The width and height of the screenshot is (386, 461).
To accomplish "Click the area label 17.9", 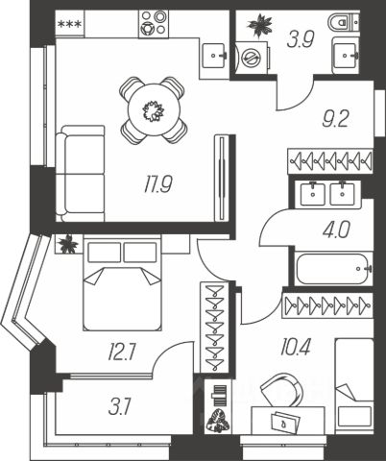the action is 158,184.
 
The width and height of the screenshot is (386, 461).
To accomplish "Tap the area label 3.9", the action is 301,39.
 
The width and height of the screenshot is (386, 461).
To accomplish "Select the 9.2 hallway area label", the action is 335,119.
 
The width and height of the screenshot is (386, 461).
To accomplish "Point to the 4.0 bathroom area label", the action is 336,230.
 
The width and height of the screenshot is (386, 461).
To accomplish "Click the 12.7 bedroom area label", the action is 122,353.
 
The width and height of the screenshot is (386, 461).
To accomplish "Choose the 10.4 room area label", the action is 295,347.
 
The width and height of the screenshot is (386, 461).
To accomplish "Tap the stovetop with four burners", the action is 154,24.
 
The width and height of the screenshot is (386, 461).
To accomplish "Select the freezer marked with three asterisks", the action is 69,24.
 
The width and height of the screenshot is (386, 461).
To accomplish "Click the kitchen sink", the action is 215,55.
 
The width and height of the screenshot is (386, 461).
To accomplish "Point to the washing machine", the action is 252,58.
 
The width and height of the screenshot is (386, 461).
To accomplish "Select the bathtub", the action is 333,269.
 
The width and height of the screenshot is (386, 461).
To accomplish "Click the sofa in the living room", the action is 80,174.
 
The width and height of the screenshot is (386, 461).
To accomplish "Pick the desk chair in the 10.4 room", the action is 282,390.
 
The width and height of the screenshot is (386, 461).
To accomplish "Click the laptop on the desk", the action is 285,422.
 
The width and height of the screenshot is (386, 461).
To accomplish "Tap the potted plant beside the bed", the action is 68,244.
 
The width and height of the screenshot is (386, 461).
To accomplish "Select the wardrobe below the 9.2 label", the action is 330,161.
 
